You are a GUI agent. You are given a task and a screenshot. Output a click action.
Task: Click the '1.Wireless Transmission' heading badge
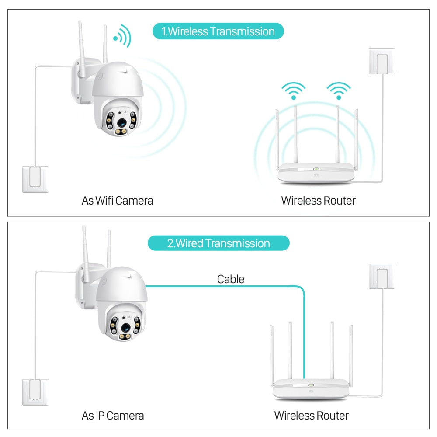coord(218,31)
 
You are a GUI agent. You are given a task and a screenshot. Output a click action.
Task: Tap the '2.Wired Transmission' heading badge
coord(218,243)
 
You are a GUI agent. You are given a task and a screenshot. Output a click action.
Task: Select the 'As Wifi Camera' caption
coord(117,201)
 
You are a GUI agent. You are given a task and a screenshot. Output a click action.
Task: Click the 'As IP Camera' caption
coord(112,415)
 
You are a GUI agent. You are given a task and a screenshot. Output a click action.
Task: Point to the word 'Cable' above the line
coord(230,279)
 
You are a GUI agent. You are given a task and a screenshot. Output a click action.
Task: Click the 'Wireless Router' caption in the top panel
coord(318,201)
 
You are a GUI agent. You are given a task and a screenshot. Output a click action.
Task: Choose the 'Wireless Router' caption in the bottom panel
coord(311,415)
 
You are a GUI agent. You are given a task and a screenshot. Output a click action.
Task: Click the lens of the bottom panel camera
coord(125,327)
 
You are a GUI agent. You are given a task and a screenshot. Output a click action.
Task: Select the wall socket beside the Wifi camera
coord(36,179)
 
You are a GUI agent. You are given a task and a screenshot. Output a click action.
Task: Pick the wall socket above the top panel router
coord(382,61)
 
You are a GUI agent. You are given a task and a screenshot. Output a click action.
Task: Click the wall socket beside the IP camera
coord(36,392)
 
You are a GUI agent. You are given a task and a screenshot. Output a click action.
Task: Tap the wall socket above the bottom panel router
coord(382,275)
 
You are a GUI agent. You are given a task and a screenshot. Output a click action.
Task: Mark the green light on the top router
coord(316,170)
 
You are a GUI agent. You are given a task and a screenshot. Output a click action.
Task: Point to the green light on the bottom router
coord(311,385)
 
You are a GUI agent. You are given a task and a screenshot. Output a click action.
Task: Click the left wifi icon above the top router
coord(293,90)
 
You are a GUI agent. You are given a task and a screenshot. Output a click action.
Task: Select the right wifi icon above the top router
coord(339,90)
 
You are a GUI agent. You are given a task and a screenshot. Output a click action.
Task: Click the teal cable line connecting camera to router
coord(227,287)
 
